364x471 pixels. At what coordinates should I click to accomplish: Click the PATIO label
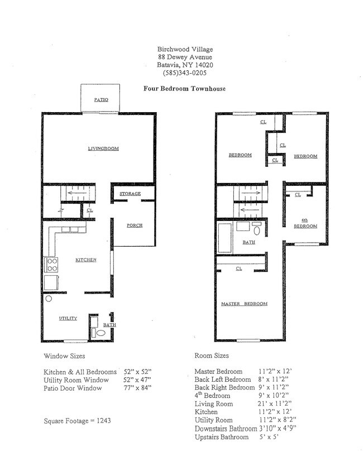[100, 100]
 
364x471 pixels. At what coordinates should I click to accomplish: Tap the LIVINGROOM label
[103, 148]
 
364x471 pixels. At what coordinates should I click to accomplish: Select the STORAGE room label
[129, 194]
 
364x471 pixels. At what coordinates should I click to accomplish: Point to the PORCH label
[134, 225]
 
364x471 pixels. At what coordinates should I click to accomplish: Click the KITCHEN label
[86, 260]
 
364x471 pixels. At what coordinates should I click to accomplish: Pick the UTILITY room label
[68, 318]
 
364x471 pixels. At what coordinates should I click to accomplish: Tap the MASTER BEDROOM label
[244, 304]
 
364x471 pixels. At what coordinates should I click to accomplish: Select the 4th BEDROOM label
[306, 223]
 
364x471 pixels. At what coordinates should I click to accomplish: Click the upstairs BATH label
[248, 243]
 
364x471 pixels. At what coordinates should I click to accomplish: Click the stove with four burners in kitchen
[51, 264]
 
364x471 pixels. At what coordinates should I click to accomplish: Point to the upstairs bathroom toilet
[257, 229]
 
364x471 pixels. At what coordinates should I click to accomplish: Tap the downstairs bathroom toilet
[100, 333]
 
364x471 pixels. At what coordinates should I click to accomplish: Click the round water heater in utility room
[49, 299]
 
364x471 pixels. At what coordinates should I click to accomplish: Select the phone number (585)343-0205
[184, 73]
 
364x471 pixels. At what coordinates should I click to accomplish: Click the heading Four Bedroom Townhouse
[184, 89]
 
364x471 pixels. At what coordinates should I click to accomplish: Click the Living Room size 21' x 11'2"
[275, 403]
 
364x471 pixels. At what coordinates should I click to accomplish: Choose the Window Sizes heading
[64, 355]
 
